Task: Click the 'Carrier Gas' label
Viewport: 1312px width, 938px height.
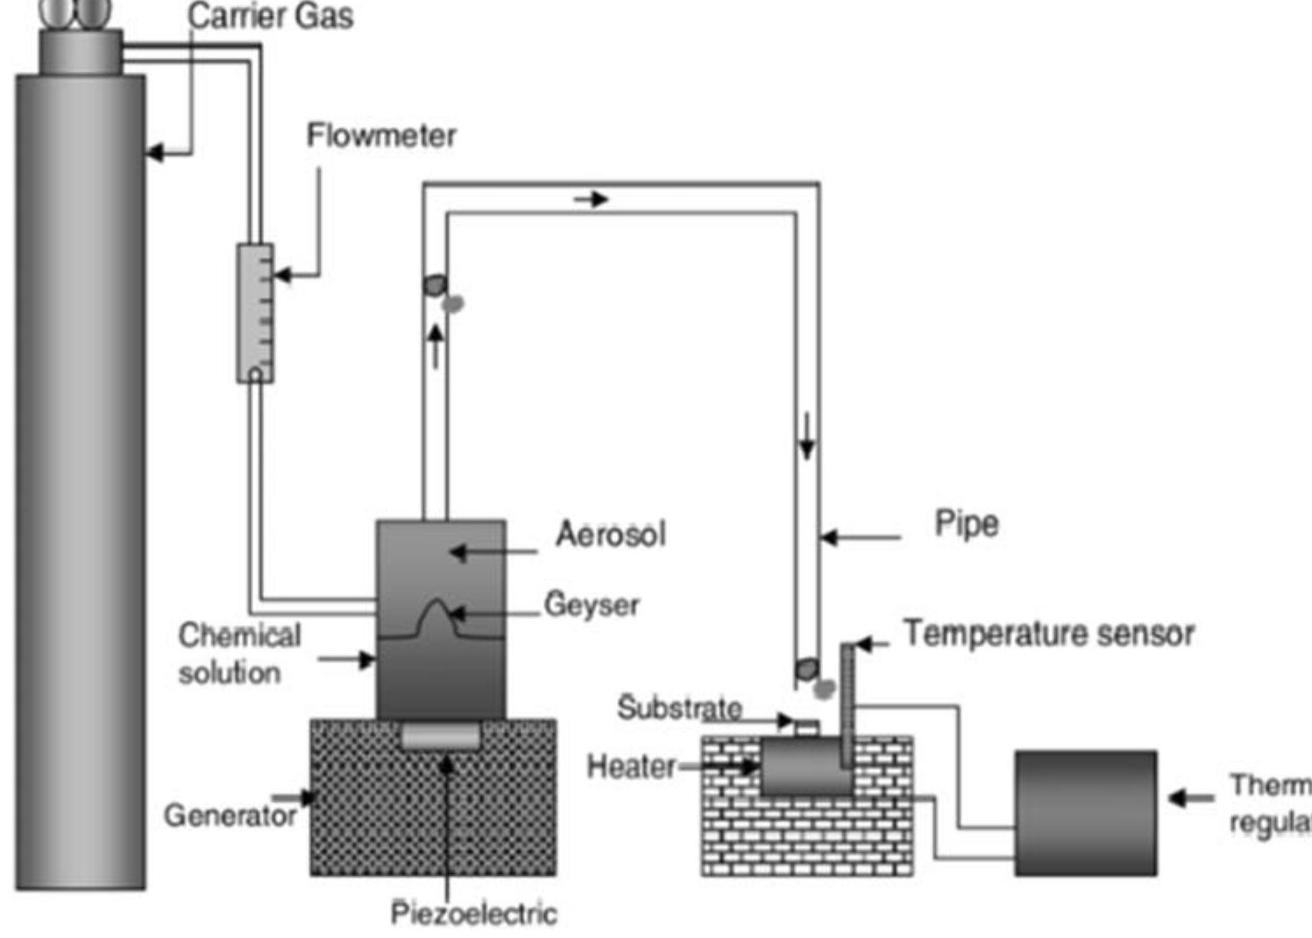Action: pos(270,16)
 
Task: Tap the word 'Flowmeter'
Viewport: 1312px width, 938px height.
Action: pos(381,136)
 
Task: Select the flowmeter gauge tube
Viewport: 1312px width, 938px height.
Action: pos(255,313)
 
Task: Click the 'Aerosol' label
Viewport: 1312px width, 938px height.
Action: pos(611,534)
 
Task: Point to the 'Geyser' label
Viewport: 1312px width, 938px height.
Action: pos(592,605)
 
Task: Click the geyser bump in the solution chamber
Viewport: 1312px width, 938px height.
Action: pos(436,617)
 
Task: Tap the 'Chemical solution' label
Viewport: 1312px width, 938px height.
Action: pos(238,654)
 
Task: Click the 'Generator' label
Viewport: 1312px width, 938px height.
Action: pos(230,815)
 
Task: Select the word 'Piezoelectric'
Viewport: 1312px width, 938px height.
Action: pos(473,913)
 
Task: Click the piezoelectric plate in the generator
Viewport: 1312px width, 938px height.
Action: pos(441,736)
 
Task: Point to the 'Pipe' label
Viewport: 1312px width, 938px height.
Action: pos(966,523)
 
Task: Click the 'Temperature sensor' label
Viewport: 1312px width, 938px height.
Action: pos(1048,633)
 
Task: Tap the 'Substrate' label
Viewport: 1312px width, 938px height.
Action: pos(679,707)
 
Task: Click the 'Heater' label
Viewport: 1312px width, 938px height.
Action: pos(631,766)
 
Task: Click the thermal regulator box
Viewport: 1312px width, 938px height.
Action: pos(1086,813)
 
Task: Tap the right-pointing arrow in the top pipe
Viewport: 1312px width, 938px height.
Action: pos(592,200)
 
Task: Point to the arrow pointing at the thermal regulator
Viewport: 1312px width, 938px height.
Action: pos(1190,798)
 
